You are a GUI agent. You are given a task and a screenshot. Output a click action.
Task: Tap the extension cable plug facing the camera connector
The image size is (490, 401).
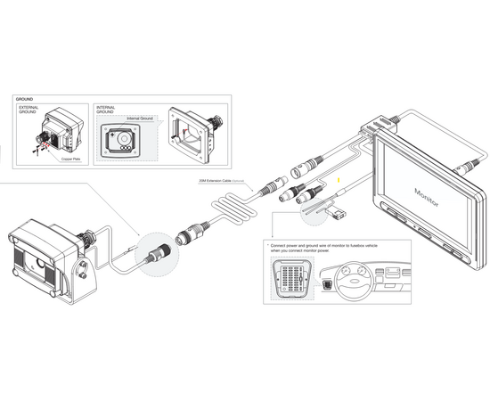191,234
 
